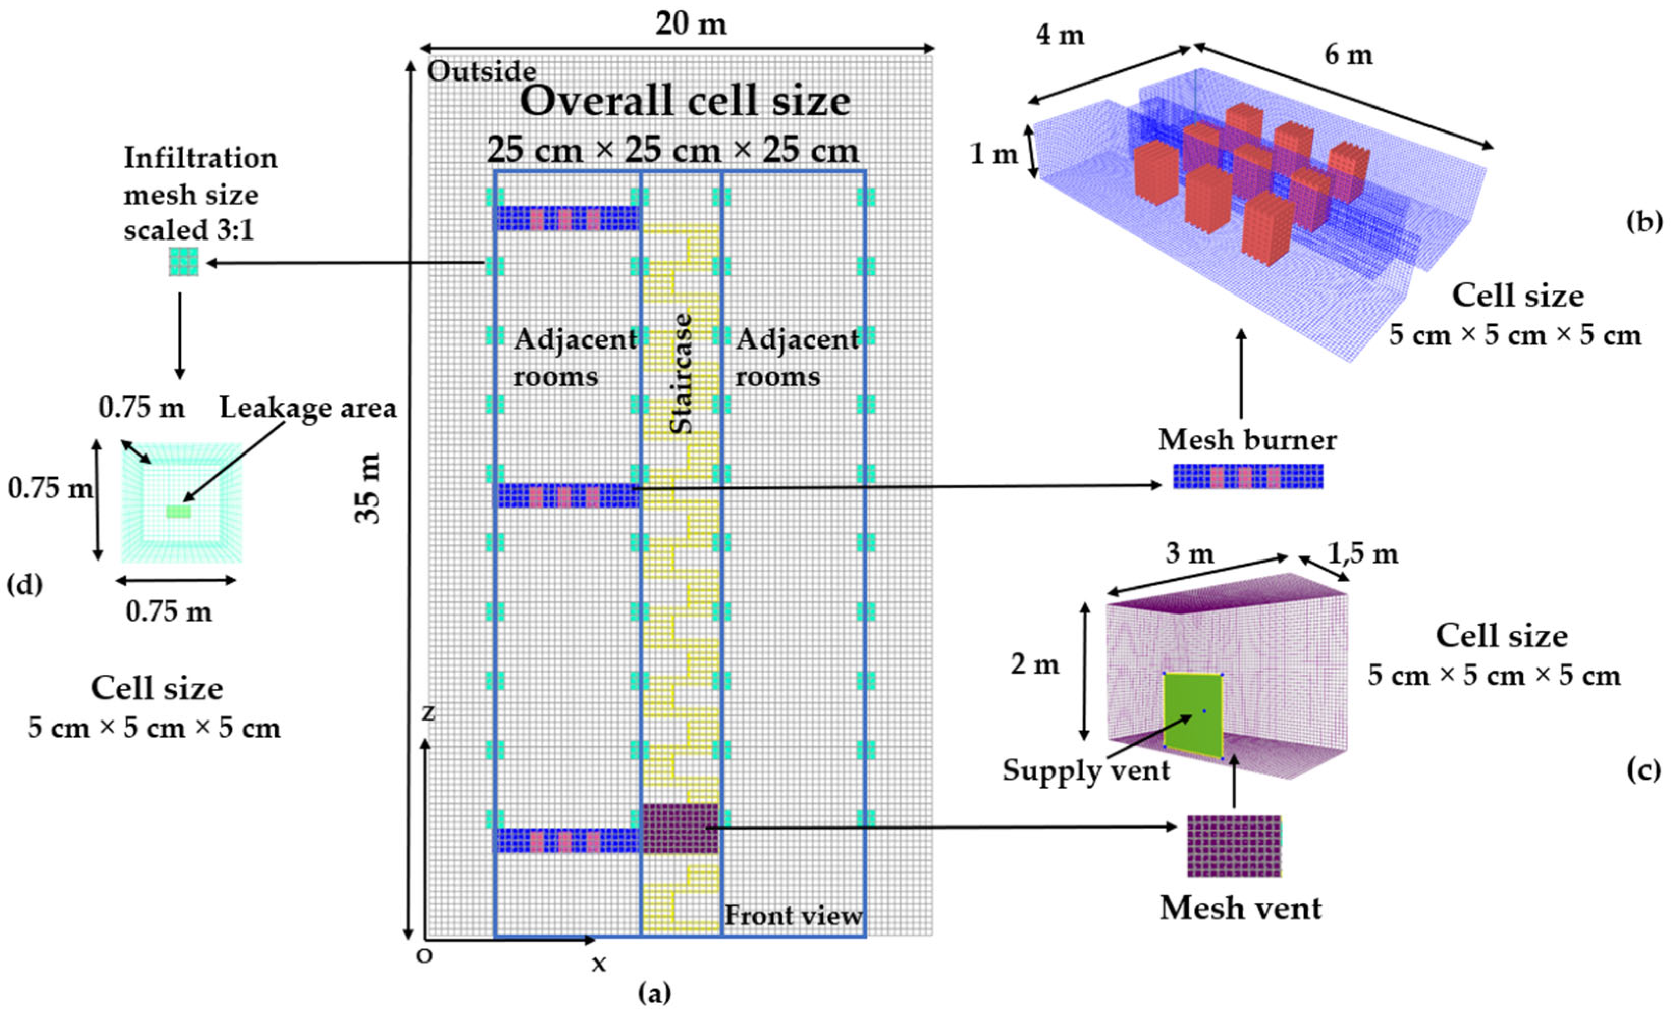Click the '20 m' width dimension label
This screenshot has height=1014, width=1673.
690,24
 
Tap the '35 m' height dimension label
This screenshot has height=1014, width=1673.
369,488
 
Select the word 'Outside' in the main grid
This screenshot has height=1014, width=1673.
481,71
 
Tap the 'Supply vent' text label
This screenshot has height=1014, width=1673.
1086,770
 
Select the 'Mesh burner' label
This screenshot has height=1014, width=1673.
1247,440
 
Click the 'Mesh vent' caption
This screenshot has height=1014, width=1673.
1240,908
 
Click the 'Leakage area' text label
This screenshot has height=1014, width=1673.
308,408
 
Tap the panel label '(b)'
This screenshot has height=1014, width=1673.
1644,223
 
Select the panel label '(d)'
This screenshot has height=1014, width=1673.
24,584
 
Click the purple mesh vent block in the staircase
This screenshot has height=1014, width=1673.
680,828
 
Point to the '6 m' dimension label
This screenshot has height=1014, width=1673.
1348,55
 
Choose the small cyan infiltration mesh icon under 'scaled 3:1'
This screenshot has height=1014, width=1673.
183,261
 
